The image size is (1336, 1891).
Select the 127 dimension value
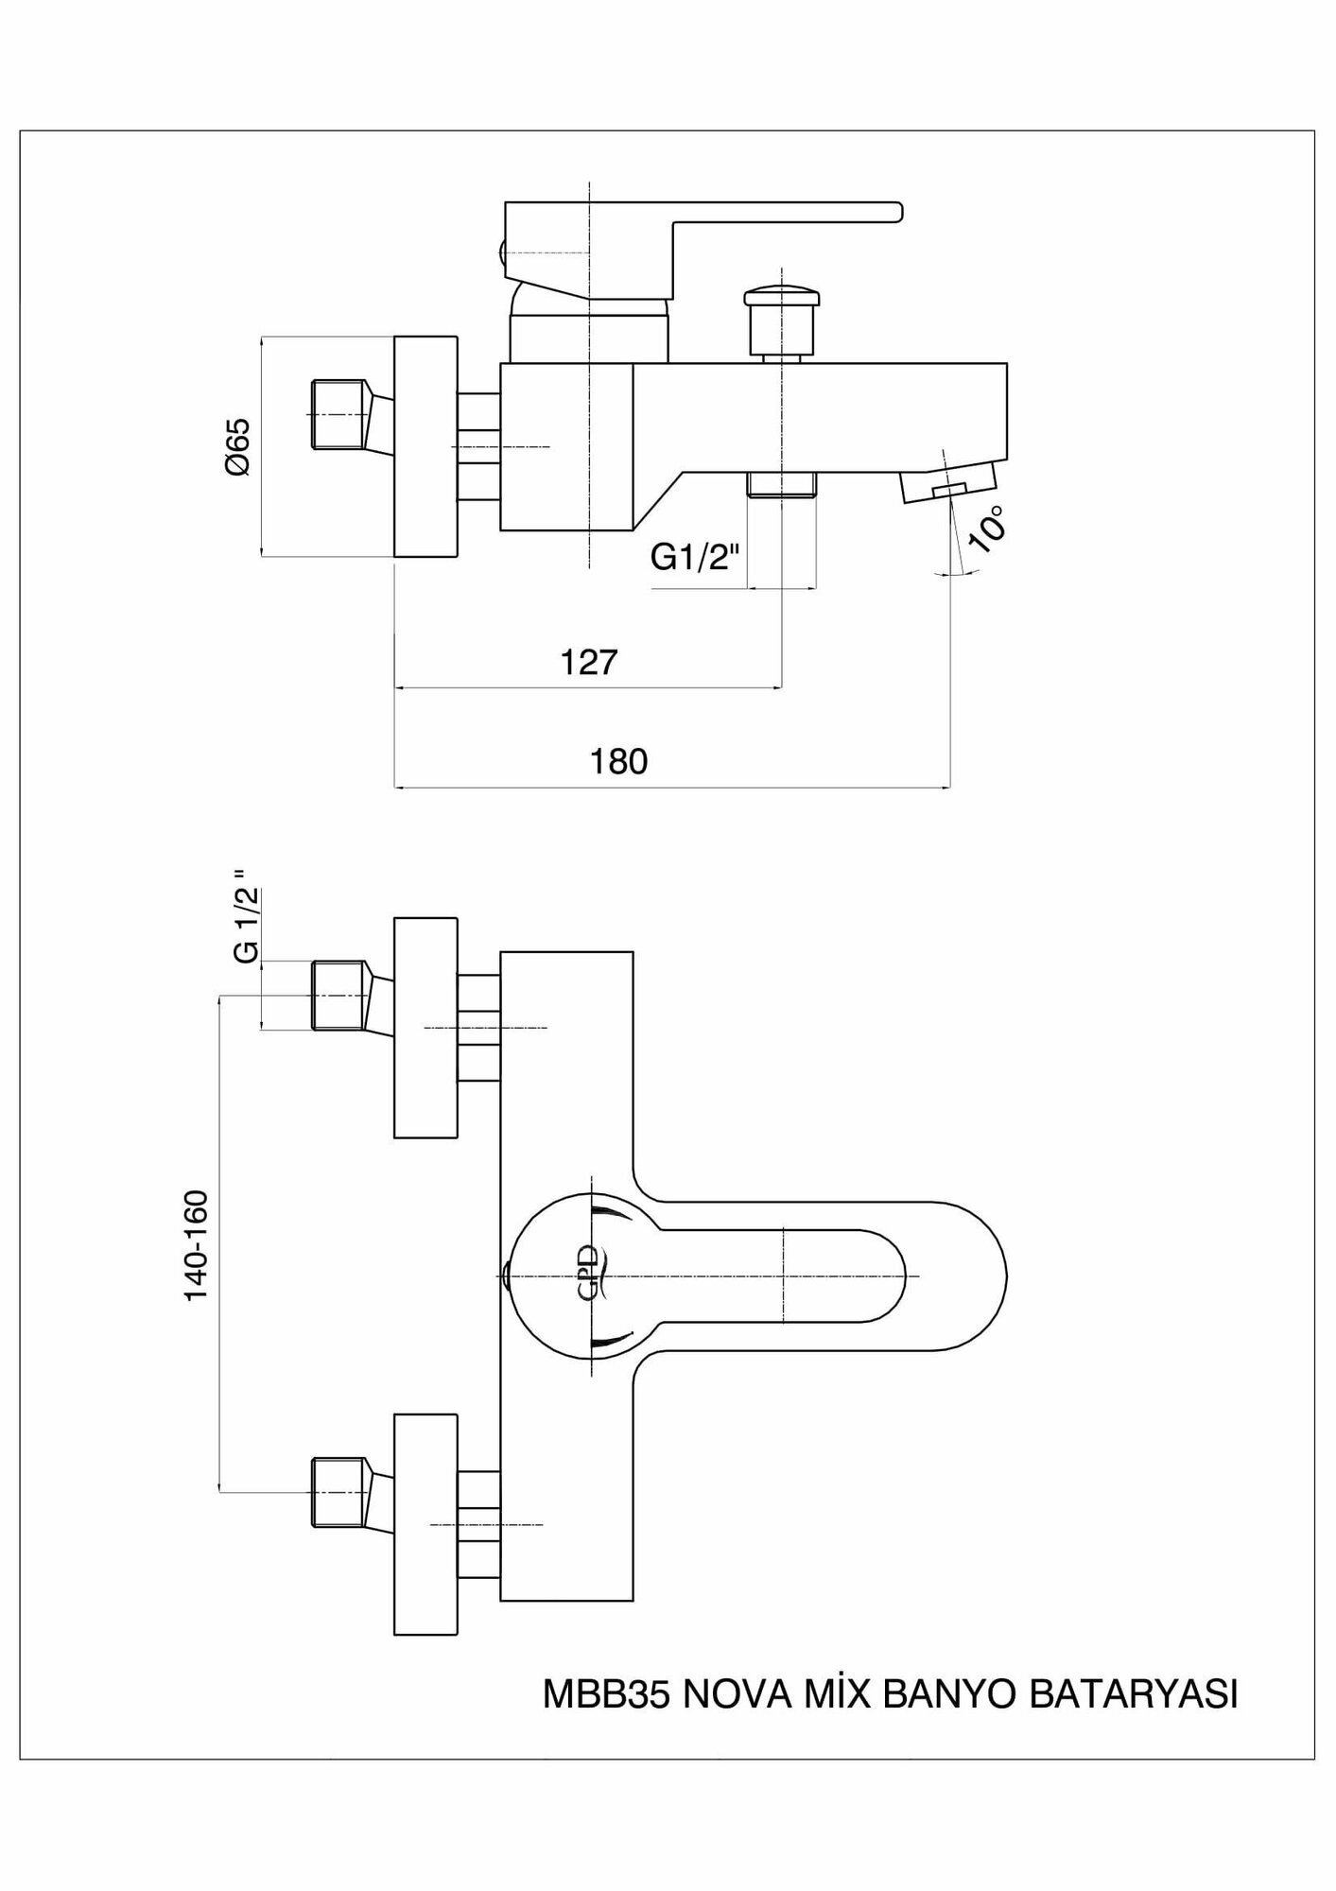[x=588, y=662]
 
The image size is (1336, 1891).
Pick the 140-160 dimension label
[x=196, y=1245]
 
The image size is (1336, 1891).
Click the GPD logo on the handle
[x=588, y=1275]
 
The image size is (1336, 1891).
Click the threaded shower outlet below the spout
[x=781, y=484]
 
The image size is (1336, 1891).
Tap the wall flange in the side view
[x=425, y=445]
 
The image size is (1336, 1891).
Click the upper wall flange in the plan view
[x=425, y=1027]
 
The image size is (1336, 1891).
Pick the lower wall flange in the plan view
[x=425, y=1524]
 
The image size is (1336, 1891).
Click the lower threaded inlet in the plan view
[x=338, y=1491]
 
